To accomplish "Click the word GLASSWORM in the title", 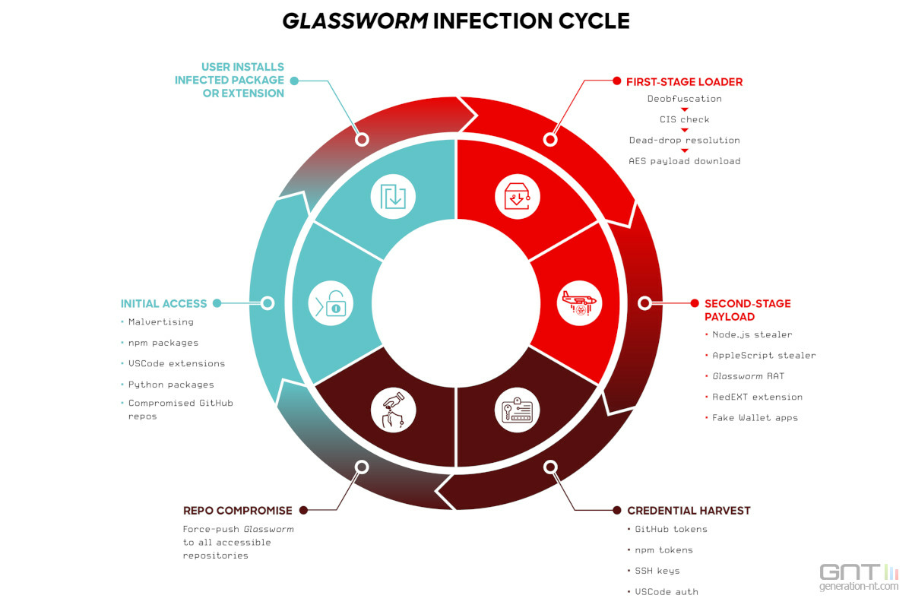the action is click(x=355, y=21).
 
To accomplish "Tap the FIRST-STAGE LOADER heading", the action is click(x=685, y=82).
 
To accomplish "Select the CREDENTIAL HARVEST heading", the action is click(x=689, y=511).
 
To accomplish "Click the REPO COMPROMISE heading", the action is click(x=237, y=511).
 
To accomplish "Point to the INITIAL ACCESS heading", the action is click(x=163, y=303).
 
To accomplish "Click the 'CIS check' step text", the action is click(x=685, y=119).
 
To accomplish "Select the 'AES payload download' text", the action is click(x=685, y=161).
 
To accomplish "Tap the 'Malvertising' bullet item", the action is click(x=161, y=321).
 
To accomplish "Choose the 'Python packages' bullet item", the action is click(x=171, y=385).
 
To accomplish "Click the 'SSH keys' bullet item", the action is click(x=657, y=571).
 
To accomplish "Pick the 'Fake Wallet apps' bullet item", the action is click(x=755, y=418).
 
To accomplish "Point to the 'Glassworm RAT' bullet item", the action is click(x=748, y=376).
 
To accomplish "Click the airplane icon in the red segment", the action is click(x=579, y=303).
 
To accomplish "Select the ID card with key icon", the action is click(x=517, y=410).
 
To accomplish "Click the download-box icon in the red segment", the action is click(x=517, y=197).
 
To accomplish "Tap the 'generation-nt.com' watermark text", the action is click(x=859, y=587).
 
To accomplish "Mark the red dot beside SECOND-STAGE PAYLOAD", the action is click(x=695, y=303).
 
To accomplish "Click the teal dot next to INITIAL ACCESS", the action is click(x=217, y=303).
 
